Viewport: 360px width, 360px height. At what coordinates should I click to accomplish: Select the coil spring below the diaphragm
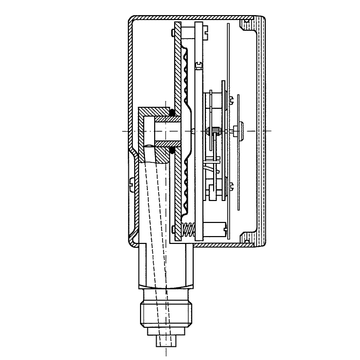[x=185, y=232]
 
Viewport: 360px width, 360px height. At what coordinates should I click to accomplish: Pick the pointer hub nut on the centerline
[x=240, y=130]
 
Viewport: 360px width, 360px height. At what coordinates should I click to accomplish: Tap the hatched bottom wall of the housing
[x=200, y=246]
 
